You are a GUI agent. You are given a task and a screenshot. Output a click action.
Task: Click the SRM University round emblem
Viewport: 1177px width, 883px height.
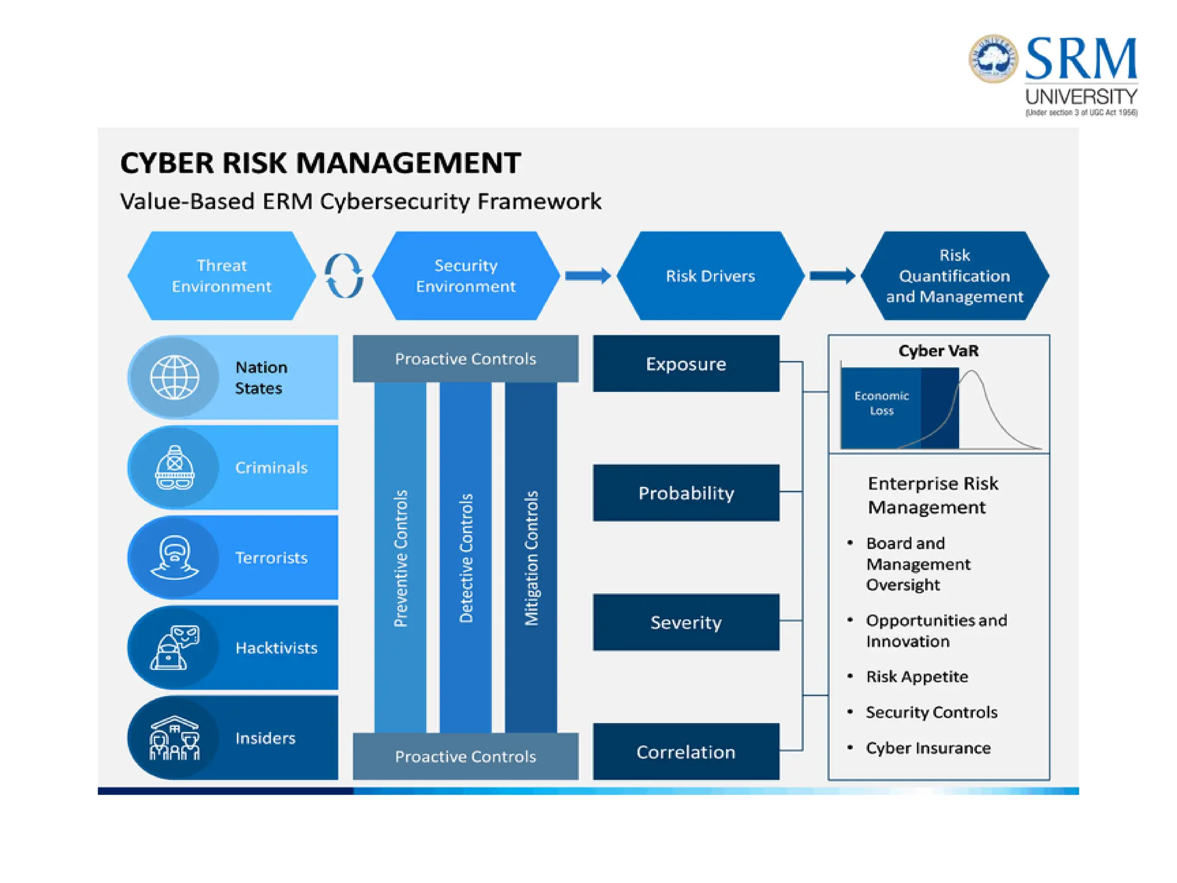(993, 59)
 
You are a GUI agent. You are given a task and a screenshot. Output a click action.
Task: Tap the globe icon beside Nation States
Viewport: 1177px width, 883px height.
(174, 377)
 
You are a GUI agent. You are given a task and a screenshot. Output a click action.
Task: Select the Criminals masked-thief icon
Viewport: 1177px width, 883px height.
(174, 467)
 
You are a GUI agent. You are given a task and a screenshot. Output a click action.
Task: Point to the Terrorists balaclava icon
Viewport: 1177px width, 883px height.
(174, 557)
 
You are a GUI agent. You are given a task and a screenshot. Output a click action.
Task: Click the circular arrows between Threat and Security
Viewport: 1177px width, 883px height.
(344, 276)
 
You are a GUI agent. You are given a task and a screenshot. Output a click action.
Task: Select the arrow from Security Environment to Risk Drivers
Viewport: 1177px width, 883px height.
(587, 276)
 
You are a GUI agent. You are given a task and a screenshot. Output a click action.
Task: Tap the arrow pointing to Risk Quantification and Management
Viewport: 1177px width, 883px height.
(832, 276)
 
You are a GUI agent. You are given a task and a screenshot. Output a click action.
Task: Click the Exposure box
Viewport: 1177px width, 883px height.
(686, 363)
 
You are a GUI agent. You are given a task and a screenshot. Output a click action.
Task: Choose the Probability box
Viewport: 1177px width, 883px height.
(686, 493)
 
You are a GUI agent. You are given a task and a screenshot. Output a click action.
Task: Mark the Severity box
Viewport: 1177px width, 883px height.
(686, 622)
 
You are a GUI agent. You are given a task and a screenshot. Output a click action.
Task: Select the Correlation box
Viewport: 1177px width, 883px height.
(686, 751)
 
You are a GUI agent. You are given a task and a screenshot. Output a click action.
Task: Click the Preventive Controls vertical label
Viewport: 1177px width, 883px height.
(401, 558)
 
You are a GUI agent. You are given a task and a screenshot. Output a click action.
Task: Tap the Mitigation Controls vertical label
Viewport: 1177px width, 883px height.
(531, 558)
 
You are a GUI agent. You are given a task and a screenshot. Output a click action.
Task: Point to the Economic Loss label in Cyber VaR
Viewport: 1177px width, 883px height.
(881, 403)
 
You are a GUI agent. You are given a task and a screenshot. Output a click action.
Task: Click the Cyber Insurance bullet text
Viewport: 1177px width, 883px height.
(928, 748)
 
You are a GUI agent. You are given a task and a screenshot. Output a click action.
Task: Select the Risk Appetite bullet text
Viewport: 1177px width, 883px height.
(917, 677)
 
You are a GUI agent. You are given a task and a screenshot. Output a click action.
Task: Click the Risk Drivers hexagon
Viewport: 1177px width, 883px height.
(710, 276)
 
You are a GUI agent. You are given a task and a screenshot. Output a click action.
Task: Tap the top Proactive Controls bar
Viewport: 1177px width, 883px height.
(466, 359)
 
